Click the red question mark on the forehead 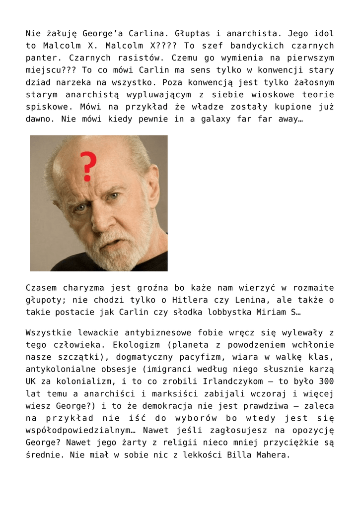pyautogui.click(x=88, y=166)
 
